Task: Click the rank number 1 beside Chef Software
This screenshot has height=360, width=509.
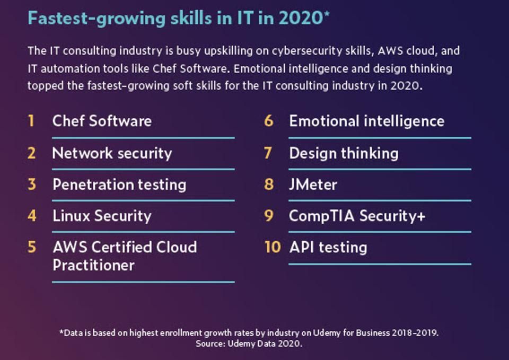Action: [31, 121]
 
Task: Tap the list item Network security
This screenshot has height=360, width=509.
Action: [112, 153]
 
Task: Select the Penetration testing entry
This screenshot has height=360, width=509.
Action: [119, 185]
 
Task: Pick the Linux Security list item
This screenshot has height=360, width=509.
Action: [102, 216]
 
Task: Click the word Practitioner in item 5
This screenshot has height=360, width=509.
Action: [93, 265]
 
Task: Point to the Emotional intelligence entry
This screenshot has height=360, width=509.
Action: [366, 121]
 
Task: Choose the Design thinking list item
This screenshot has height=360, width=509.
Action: [344, 153]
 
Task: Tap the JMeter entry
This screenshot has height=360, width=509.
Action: [313, 185]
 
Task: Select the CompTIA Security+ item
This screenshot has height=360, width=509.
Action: [357, 216]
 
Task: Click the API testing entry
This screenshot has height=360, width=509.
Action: [328, 247]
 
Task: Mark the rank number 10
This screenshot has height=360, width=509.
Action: [272, 247]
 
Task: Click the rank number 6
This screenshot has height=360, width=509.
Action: [269, 121]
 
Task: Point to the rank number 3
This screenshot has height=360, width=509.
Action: [32, 185]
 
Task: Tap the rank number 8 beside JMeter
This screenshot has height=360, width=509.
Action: [269, 185]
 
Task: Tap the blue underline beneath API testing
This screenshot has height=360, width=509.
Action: [380, 264]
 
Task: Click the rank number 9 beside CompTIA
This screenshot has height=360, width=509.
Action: [269, 216]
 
